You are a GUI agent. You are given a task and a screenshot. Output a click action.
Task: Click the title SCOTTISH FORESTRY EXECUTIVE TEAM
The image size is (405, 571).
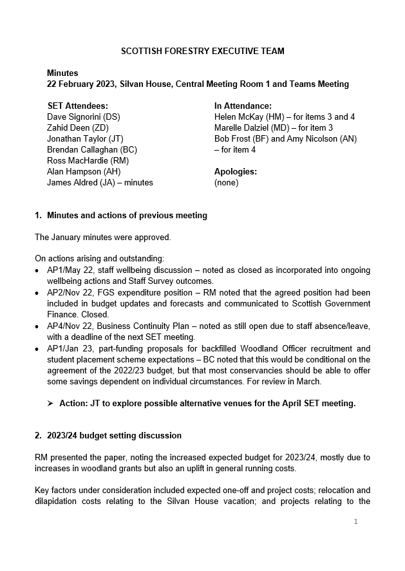pos(203,51)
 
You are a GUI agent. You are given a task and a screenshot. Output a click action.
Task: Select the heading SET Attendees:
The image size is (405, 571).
pos(78,106)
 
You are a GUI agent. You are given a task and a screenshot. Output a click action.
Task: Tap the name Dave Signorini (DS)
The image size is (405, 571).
pos(84,117)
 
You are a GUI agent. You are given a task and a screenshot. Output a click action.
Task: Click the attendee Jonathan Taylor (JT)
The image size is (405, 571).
pos(85,139)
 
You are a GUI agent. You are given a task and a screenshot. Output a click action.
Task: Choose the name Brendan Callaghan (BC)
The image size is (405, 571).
pos(92,150)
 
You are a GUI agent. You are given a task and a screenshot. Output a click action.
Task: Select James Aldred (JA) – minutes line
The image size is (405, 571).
pos(100,183)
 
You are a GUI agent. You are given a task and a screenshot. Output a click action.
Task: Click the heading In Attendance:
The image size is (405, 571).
pos(243,106)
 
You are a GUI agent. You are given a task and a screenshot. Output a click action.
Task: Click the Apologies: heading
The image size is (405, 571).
pos(236,172)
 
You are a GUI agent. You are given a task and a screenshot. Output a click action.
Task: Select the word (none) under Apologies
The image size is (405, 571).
pos(226,183)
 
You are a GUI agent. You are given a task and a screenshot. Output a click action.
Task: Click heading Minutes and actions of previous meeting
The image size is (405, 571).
pos(127,216)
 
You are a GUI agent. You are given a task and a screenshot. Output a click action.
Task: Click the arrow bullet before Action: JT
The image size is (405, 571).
pos(50,404)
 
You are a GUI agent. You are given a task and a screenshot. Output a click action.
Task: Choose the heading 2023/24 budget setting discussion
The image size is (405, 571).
pos(114,436)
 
